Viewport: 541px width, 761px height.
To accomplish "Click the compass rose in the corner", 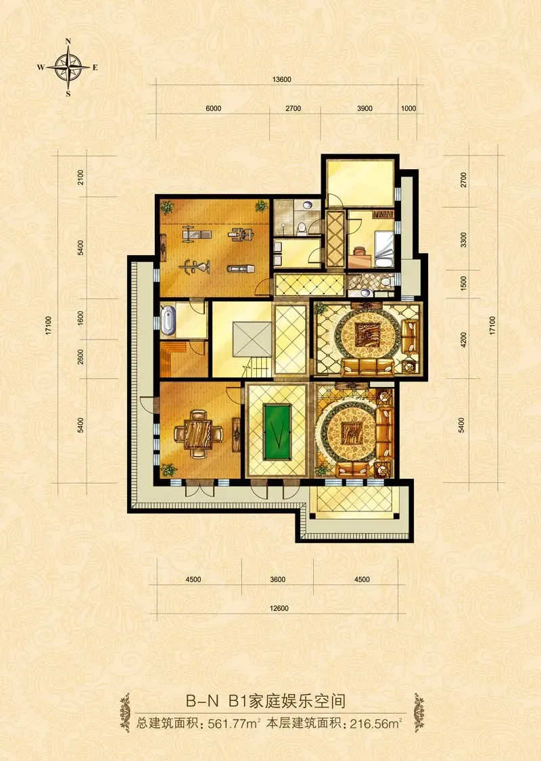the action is tap(68, 68).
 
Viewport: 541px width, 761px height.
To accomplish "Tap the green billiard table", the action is tap(277, 433).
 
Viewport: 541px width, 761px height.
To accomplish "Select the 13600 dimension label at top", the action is tap(282, 80).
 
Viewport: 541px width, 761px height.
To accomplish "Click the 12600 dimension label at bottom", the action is tap(279, 608).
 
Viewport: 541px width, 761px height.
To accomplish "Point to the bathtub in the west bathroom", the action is tap(168, 321).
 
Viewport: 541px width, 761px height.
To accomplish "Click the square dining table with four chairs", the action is tap(198, 434).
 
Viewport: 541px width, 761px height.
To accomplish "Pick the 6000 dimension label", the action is tap(214, 108).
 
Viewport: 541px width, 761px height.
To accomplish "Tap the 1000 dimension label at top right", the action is tap(408, 108).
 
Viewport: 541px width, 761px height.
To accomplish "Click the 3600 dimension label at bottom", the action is tap(277, 579).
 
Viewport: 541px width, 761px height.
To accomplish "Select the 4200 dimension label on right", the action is tap(464, 340).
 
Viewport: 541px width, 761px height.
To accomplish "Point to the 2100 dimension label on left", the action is tap(80, 177).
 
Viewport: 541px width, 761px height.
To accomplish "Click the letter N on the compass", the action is tap(68, 42).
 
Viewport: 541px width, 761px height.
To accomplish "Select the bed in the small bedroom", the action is tap(383, 250).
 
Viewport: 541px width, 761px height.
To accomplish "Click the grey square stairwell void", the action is tap(252, 339).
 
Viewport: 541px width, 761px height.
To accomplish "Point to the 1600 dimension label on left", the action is tap(80, 319).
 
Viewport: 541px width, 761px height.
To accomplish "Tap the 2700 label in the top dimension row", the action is tap(293, 108).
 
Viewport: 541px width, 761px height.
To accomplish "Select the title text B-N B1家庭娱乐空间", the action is tap(265, 701).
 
